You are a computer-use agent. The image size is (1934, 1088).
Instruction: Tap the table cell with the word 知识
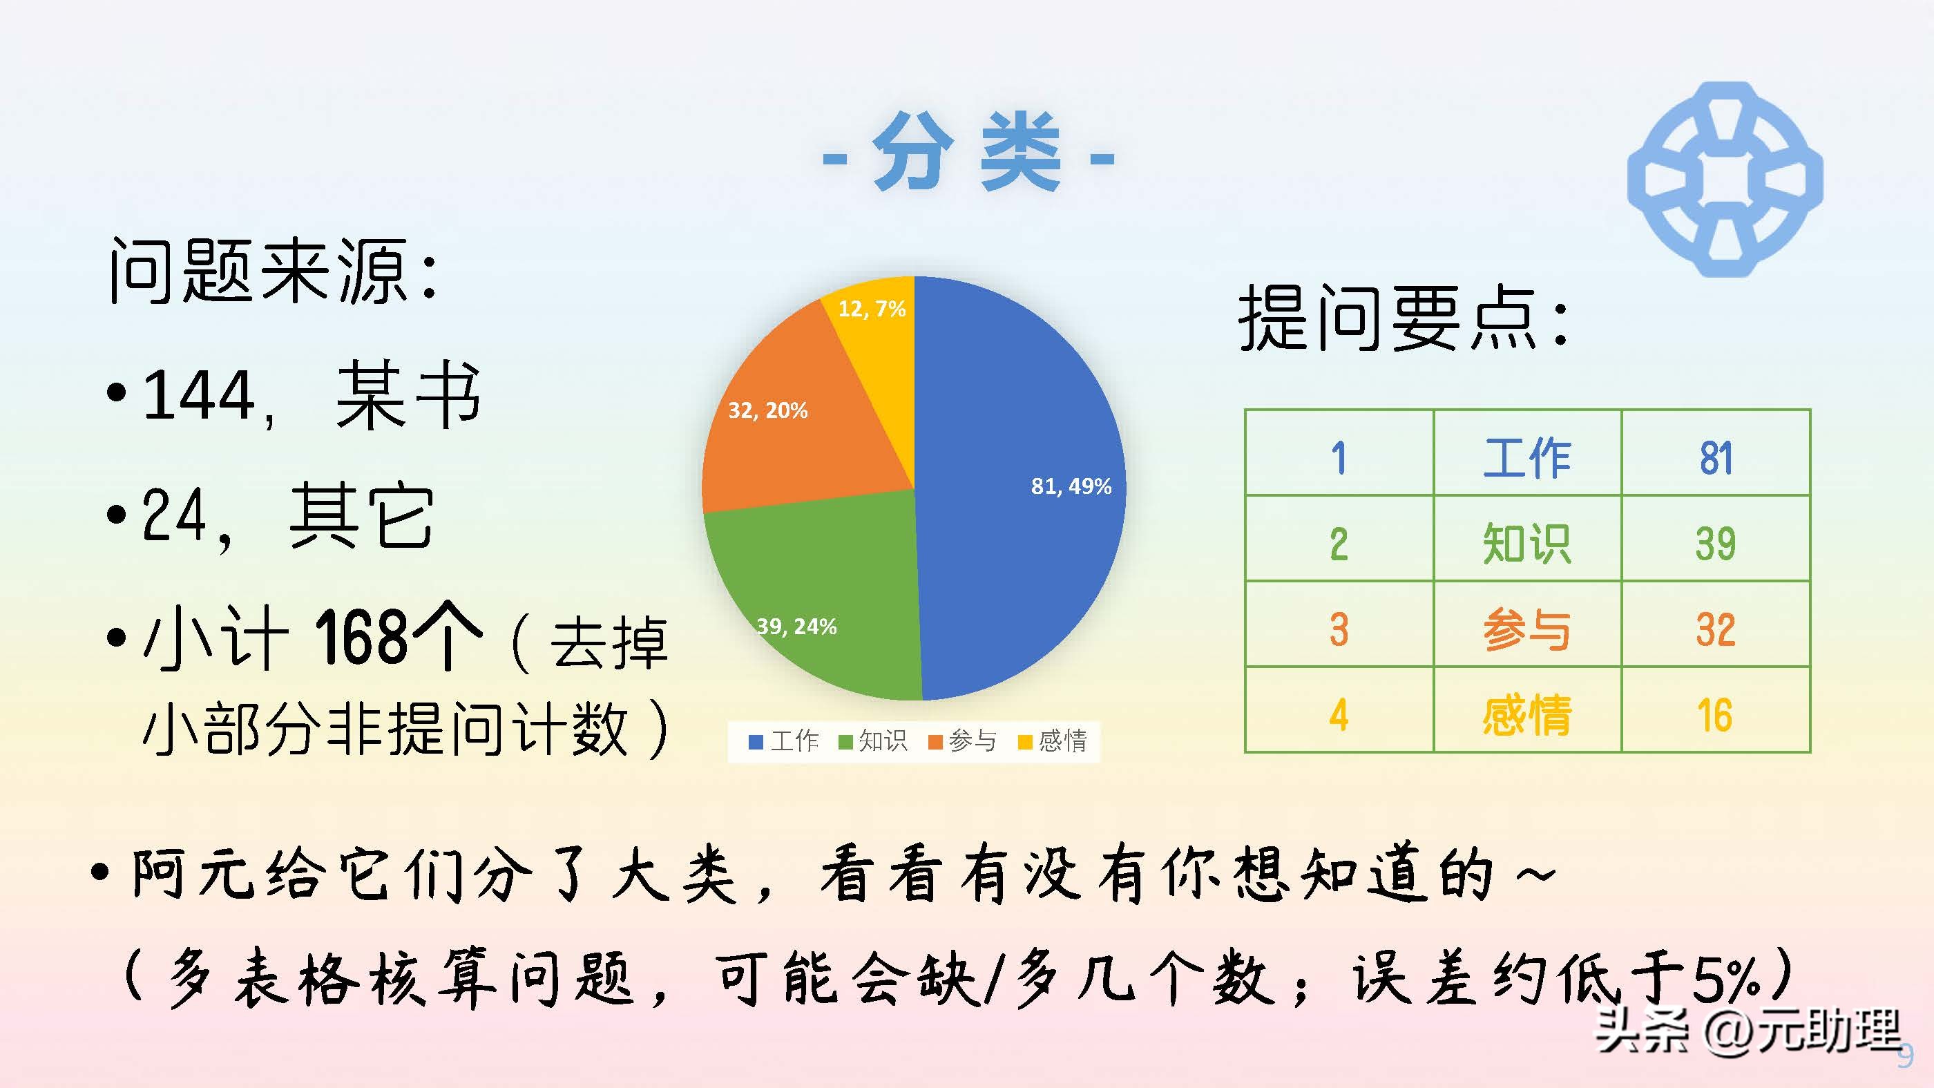(x=1526, y=543)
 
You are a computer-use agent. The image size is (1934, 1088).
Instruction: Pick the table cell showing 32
(x=1716, y=629)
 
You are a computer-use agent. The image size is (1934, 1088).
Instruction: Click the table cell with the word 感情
(x=1526, y=714)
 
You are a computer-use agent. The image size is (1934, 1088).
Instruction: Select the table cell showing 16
(x=1716, y=714)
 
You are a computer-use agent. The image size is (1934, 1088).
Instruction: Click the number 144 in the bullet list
(x=198, y=396)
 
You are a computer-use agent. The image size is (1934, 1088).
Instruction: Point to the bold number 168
(x=361, y=637)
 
